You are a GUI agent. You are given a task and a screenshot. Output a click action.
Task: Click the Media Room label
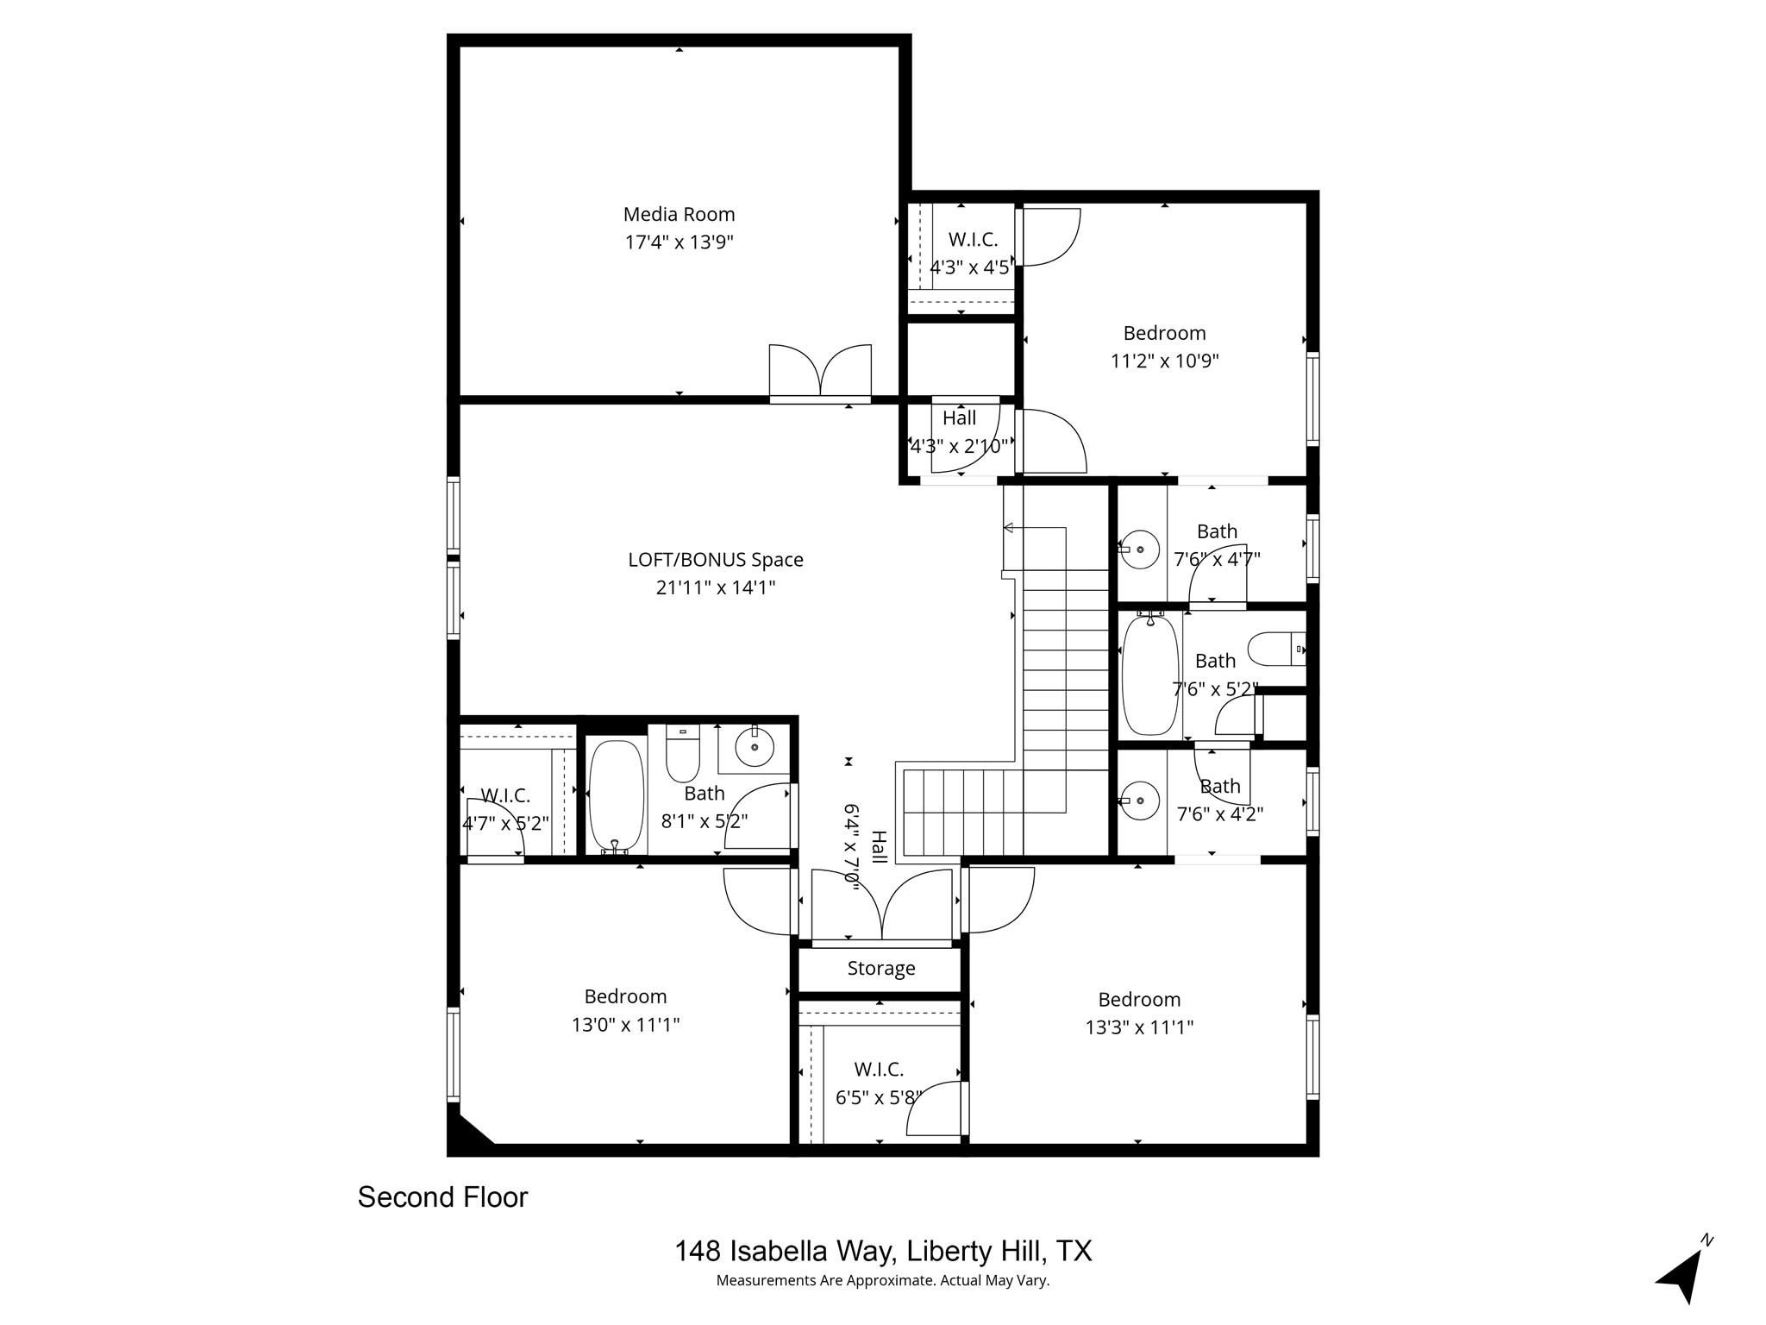[679, 214]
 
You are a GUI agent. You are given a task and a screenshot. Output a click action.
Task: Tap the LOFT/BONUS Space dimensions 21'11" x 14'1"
[715, 588]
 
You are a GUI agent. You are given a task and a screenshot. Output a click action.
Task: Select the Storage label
[880, 969]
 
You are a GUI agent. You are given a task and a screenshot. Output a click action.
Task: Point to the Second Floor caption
[442, 1197]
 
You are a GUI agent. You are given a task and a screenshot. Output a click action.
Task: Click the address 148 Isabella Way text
[883, 1251]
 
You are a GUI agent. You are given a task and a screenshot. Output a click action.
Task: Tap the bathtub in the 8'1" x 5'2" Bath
[616, 796]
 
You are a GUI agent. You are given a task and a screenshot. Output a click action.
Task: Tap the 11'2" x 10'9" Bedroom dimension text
[1164, 361]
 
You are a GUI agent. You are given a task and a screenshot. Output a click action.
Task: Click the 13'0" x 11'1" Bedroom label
[625, 997]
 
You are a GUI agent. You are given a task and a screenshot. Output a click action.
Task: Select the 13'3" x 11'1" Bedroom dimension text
[1138, 1027]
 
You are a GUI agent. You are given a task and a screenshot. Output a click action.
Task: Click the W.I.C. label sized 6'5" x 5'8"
[879, 1070]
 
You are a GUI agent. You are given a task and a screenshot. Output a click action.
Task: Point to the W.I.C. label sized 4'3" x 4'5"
[973, 240]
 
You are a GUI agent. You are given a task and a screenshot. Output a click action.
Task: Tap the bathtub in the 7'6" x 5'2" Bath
[1149, 675]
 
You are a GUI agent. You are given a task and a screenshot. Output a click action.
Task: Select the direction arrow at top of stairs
[1012, 528]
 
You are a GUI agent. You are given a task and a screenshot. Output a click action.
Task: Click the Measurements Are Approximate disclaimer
[882, 1281]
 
